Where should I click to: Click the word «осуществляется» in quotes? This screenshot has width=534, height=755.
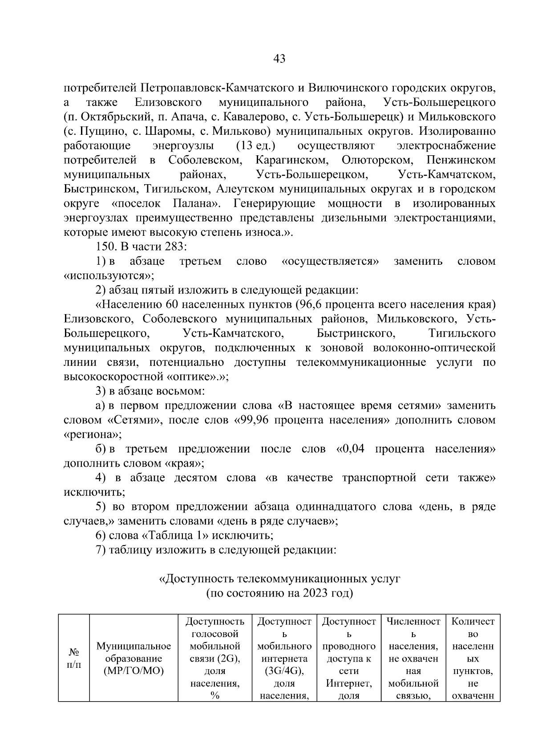tap(331, 261)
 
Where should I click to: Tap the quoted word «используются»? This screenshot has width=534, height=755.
tap(109, 276)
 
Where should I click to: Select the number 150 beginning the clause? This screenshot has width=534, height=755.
tap(103, 247)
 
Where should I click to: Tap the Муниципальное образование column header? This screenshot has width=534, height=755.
tap(133, 658)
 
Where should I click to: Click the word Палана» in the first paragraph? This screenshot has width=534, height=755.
tap(196, 204)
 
